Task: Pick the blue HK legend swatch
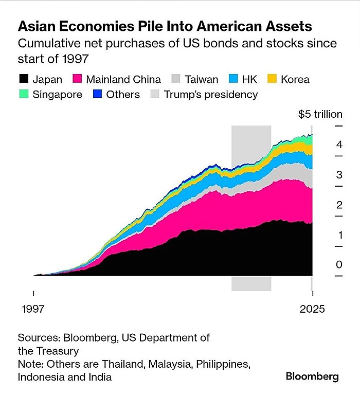[233, 79]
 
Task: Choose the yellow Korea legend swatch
[273, 79]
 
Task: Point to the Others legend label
[123, 95]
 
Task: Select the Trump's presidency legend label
[211, 95]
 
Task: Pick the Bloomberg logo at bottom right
[312, 376]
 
